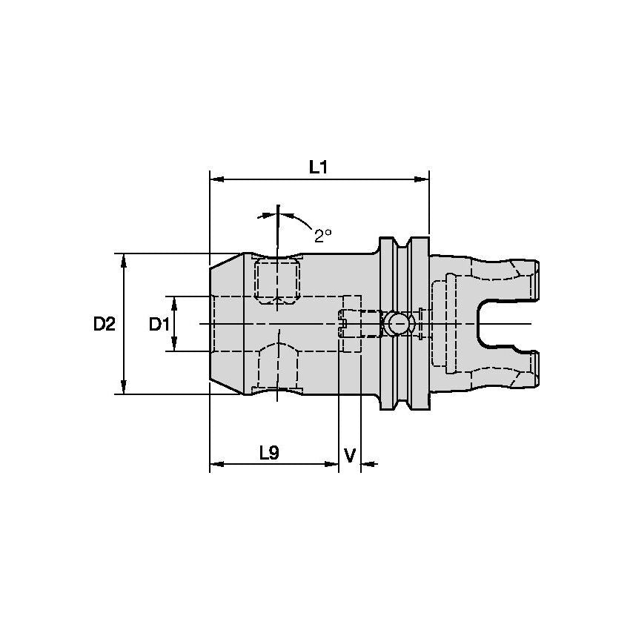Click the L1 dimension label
click(x=318, y=168)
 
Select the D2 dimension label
click(x=105, y=324)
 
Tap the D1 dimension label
click(x=159, y=324)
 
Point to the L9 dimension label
click(x=268, y=453)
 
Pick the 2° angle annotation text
click(x=322, y=235)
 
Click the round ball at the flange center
click(x=398, y=323)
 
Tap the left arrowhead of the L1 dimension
click(x=216, y=179)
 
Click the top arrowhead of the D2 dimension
click(x=124, y=259)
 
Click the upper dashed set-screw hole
click(x=277, y=280)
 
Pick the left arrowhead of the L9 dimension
click(x=216, y=465)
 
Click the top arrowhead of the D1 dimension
click(x=174, y=302)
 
